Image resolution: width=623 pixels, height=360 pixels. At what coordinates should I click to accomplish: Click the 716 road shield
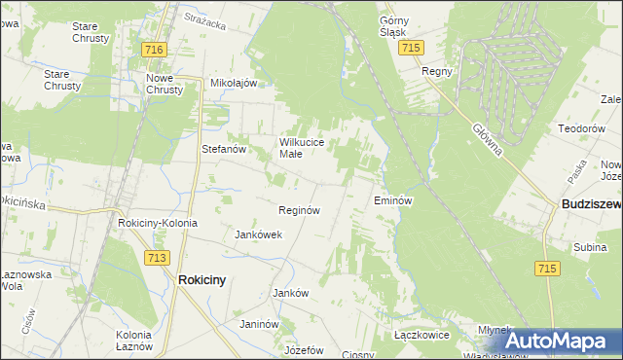154,49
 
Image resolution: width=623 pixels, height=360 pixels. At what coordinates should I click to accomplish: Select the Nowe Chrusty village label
165,83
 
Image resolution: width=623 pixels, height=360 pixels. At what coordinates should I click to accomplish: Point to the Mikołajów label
234,83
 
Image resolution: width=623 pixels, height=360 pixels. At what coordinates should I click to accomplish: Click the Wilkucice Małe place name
309,148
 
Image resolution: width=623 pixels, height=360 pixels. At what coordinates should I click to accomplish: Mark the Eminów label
394,200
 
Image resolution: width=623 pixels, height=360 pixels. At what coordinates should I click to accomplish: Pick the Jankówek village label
259,234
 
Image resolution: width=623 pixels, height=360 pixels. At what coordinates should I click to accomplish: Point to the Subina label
590,247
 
